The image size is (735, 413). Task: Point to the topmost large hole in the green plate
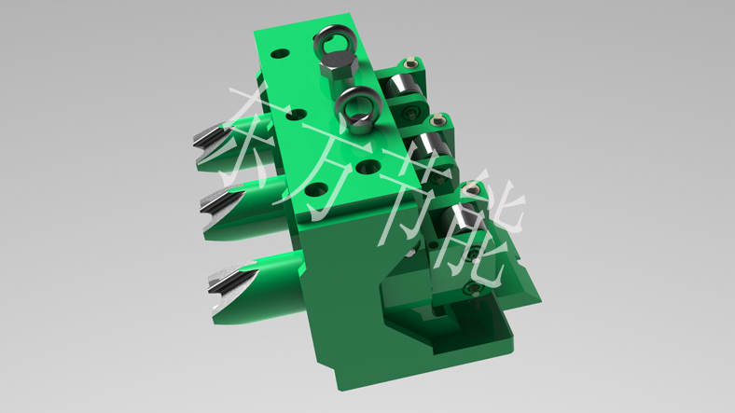click(x=280, y=53)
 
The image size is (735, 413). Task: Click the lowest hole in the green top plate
click(x=316, y=189)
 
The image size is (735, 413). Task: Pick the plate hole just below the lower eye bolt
click(x=368, y=166)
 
